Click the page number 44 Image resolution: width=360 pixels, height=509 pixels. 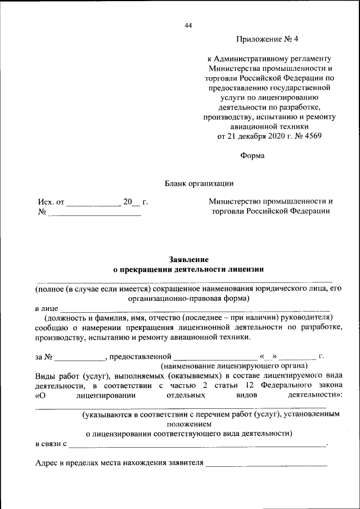coord(188,25)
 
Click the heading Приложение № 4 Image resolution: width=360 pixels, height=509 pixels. coord(268,39)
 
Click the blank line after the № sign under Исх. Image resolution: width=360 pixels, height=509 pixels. coord(93,213)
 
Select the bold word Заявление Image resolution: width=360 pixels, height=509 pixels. coord(188,259)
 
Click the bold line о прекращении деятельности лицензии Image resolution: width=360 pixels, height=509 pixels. coord(188,269)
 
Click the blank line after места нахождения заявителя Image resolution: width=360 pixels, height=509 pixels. coord(267,465)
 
